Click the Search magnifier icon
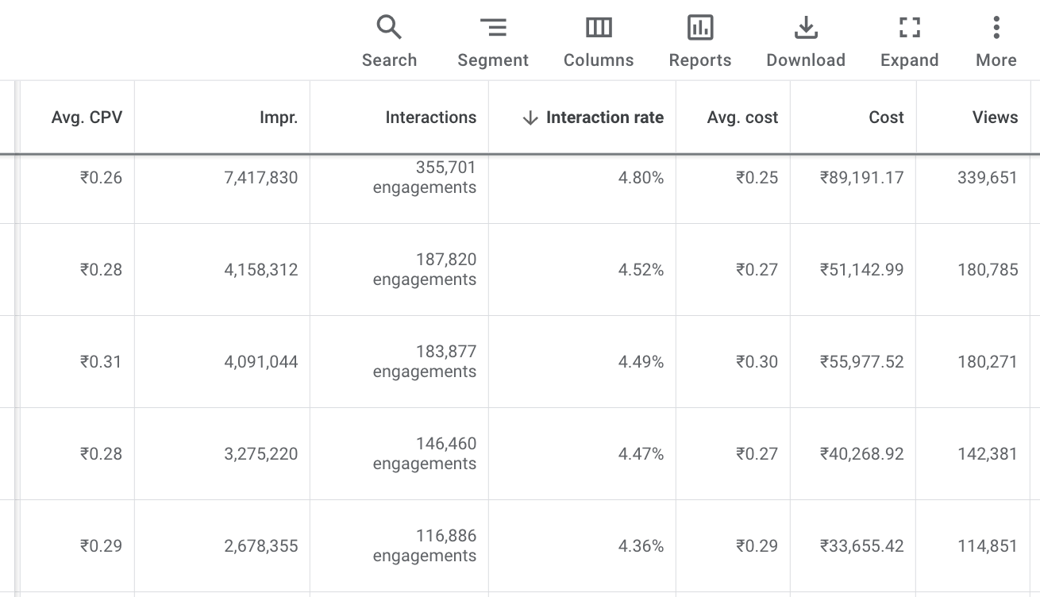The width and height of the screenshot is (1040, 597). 389,28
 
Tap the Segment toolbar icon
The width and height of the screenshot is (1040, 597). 493,28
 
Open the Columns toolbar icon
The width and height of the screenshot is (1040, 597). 599,28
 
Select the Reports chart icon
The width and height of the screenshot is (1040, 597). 700,28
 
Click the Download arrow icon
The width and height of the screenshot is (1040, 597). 806,28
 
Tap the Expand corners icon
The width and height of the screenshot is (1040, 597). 910,28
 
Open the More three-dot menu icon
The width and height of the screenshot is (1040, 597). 996,28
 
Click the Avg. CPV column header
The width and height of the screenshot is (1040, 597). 87,117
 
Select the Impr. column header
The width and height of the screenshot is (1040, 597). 279,117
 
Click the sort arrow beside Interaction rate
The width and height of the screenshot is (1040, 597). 530,118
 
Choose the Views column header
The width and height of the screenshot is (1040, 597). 995,117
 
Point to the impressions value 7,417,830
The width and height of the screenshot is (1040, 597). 261,178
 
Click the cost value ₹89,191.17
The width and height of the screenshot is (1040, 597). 861,178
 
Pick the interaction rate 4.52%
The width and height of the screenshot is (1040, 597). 641,270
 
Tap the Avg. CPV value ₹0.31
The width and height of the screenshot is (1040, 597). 101,362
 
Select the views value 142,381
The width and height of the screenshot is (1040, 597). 988,454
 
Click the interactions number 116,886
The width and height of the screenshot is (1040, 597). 446,536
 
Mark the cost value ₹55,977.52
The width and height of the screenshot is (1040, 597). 861,362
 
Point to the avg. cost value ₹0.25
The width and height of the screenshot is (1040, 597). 757,178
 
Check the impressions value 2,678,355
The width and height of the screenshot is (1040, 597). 261,546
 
